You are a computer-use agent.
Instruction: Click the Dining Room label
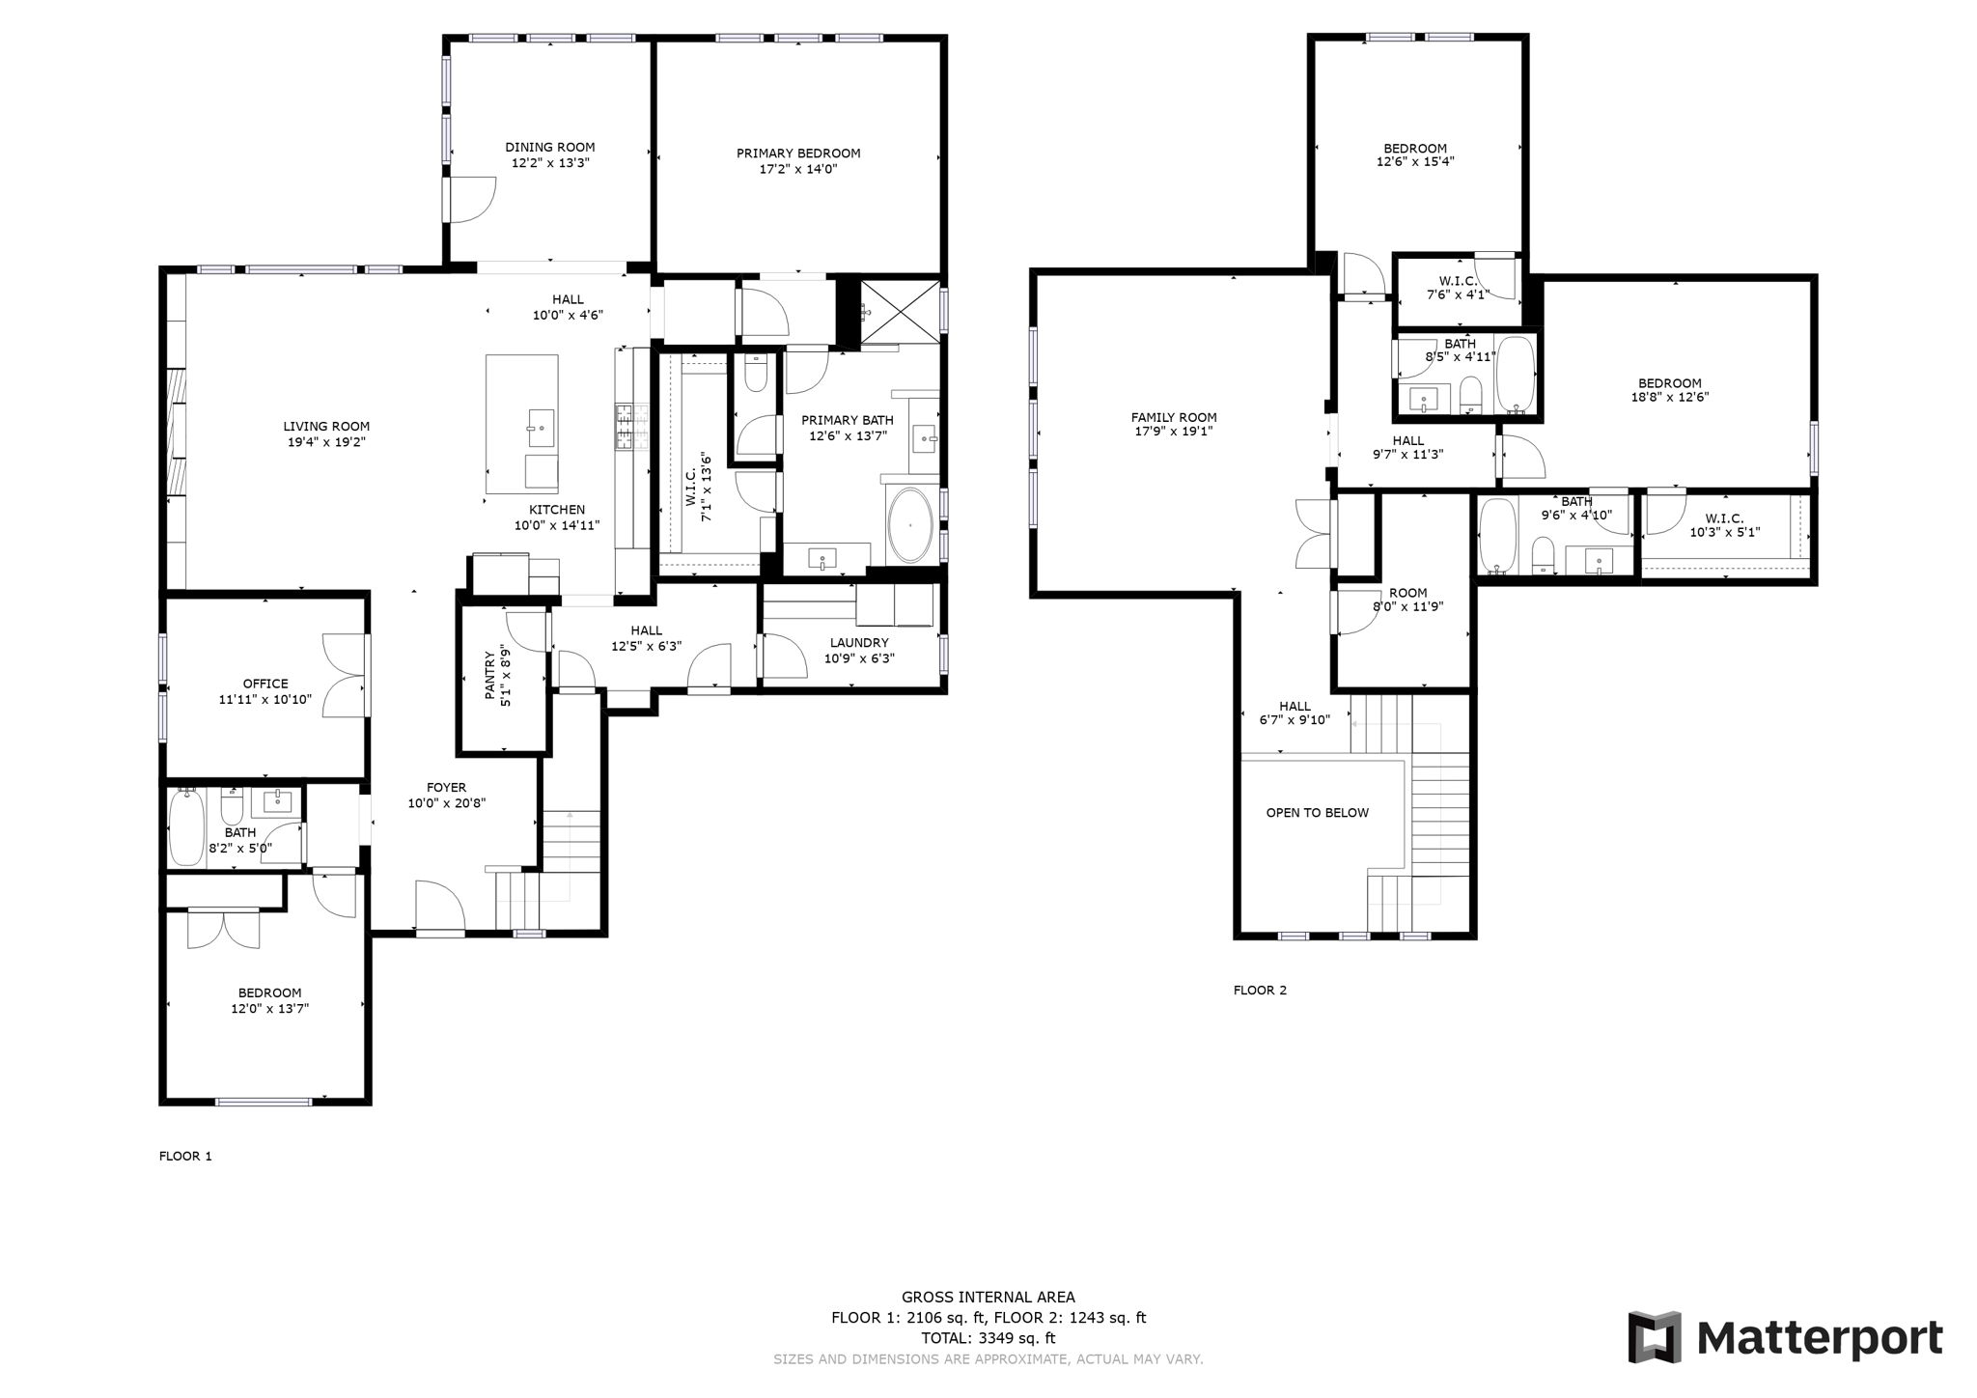click(550, 148)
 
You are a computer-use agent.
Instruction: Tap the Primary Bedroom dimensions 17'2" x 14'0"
click(797, 169)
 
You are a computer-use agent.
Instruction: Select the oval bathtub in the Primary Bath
click(909, 526)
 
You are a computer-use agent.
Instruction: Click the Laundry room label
click(858, 643)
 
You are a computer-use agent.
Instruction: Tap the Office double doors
click(344, 675)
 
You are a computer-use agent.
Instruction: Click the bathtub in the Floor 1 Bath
click(185, 828)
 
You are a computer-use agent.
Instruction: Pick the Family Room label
click(1174, 418)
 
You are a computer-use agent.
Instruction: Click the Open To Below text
click(1317, 813)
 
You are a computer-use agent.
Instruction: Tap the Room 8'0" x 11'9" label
click(1407, 594)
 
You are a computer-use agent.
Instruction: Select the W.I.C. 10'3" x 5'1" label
click(1724, 518)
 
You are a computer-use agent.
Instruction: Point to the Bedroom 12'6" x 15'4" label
click(1415, 149)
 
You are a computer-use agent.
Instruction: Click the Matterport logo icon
click(1654, 1337)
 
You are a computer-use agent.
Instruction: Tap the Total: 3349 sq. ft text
click(988, 1338)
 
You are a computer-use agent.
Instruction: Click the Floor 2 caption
click(1260, 990)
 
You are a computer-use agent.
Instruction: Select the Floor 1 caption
click(185, 1156)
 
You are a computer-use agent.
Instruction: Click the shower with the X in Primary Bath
click(899, 311)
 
